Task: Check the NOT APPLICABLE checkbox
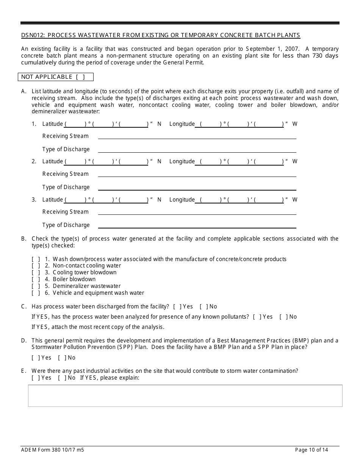pyautogui.click(x=80, y=77)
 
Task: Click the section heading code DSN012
pyautogui.click(x=33, y=35)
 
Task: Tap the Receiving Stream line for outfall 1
pyautogui.click(x=197, y=136)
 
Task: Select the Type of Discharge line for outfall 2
pyautogui.click(x=197, y=187)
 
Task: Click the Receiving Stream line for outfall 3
pyautogui.click(x=197, y=212)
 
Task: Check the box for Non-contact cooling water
pyautogui.click(x=36, y=266)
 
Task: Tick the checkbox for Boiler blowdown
pyautogui.click(x=36, y=279)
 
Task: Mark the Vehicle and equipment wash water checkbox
pyautogui.click(x=36, y=293)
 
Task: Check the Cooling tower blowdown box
pyautogui.click(x=36, y=272)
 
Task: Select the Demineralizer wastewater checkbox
pyautogui.click(x=36, y=286)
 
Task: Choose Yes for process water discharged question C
pyautogui.click(x=177, y=306)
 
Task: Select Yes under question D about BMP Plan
pyautogui.click(x=36, y=358)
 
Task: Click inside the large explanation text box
pyautogui.click(x=185, y=396)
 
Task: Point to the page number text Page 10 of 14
pyautogui.click(x=311, y=450)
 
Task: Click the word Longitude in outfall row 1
pyautogui.click(x=182, y=124)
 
